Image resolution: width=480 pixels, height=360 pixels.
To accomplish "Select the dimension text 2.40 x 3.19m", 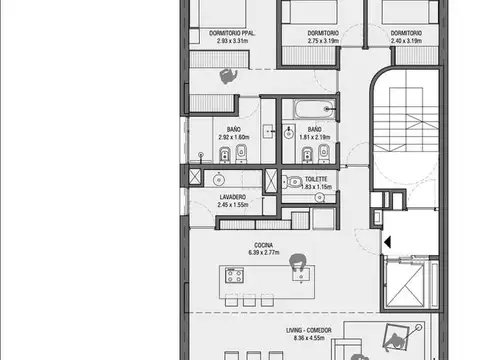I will click(406, 42).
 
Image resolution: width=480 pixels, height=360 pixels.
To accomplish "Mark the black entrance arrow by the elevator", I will click(386, 242).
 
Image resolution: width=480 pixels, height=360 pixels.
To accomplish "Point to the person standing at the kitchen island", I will click(297, 264).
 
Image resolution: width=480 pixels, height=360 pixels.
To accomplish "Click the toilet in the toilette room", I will click(291, 181).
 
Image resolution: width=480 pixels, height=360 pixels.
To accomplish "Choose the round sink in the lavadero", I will click(218, 180).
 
